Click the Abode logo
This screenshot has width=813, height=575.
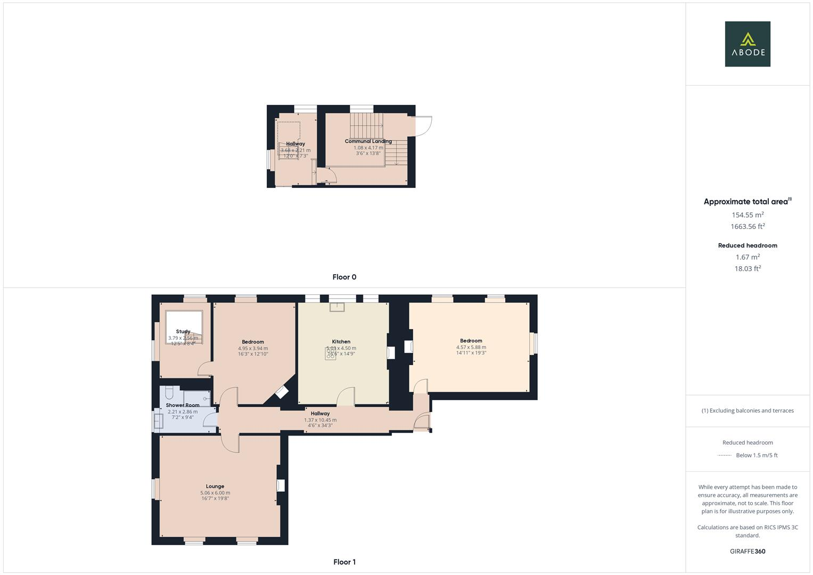(x=747, y=44)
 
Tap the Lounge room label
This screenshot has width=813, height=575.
(x=215, y=486)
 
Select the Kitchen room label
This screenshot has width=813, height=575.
(x=341, y=342)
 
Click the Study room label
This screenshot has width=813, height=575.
(x=183, y=332)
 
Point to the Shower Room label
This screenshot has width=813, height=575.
(x=183, y=405)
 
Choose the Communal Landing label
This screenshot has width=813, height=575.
(x=368, y=142)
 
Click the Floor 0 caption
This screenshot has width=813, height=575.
(x=344, y=277)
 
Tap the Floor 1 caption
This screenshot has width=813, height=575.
(x=344, y=562)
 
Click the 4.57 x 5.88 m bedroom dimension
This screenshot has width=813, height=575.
(x=471, y=347)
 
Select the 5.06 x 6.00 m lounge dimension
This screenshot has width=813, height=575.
(x=215, y=493)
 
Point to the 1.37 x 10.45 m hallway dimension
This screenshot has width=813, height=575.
(x=320, y=420)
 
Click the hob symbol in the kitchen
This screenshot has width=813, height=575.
(x=331, y=354)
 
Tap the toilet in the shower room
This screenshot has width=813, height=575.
(x=169, y=393)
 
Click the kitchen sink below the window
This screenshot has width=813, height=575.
(x=338, y=307)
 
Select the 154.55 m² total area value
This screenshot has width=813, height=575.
(x=748, y=215)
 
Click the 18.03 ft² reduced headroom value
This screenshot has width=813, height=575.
(x=748, y=269)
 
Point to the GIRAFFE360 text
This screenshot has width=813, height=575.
(x=748, y=551)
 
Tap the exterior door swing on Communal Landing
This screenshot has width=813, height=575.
(x=424, y=126)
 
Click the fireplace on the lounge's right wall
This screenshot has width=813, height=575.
(x=280, y=486)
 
